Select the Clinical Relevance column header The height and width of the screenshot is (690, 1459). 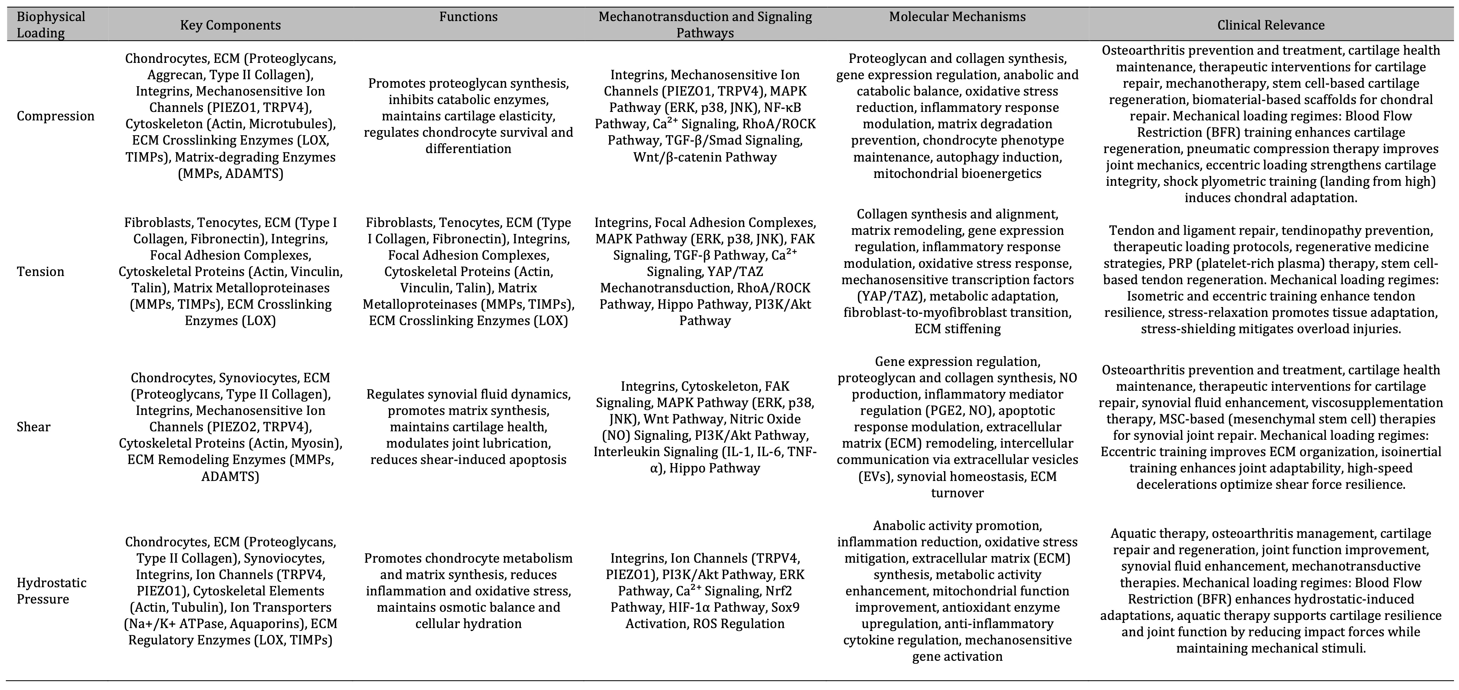[x=1270, y=25]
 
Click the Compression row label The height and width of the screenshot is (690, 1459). [x=56, y=116]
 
